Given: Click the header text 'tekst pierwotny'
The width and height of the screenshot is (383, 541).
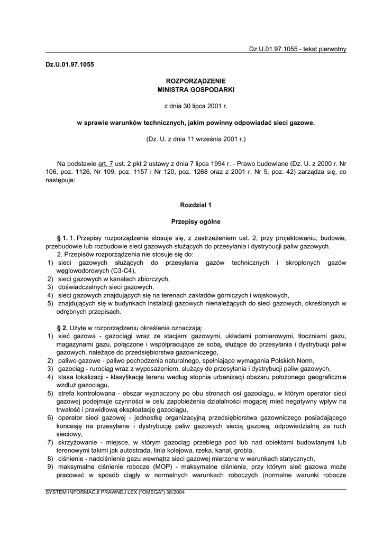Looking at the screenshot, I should pos(324,49).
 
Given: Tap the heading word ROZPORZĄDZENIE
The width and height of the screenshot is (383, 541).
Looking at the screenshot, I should pos(196,81).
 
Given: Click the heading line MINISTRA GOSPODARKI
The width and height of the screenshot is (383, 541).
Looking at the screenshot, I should pos(196,90).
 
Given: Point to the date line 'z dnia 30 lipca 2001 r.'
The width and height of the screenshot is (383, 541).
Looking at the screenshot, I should pos(196,106).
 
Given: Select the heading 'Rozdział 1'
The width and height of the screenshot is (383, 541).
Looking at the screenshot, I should pos(196,204).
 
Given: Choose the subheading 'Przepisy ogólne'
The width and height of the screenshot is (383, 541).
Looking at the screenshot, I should pos(196,221).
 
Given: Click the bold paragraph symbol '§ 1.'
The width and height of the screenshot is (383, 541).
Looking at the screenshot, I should pos(62,238).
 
